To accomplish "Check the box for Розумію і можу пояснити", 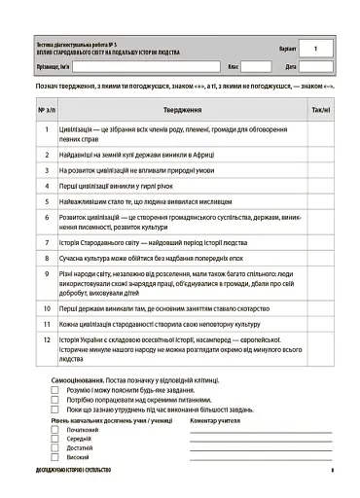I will (56, 388).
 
